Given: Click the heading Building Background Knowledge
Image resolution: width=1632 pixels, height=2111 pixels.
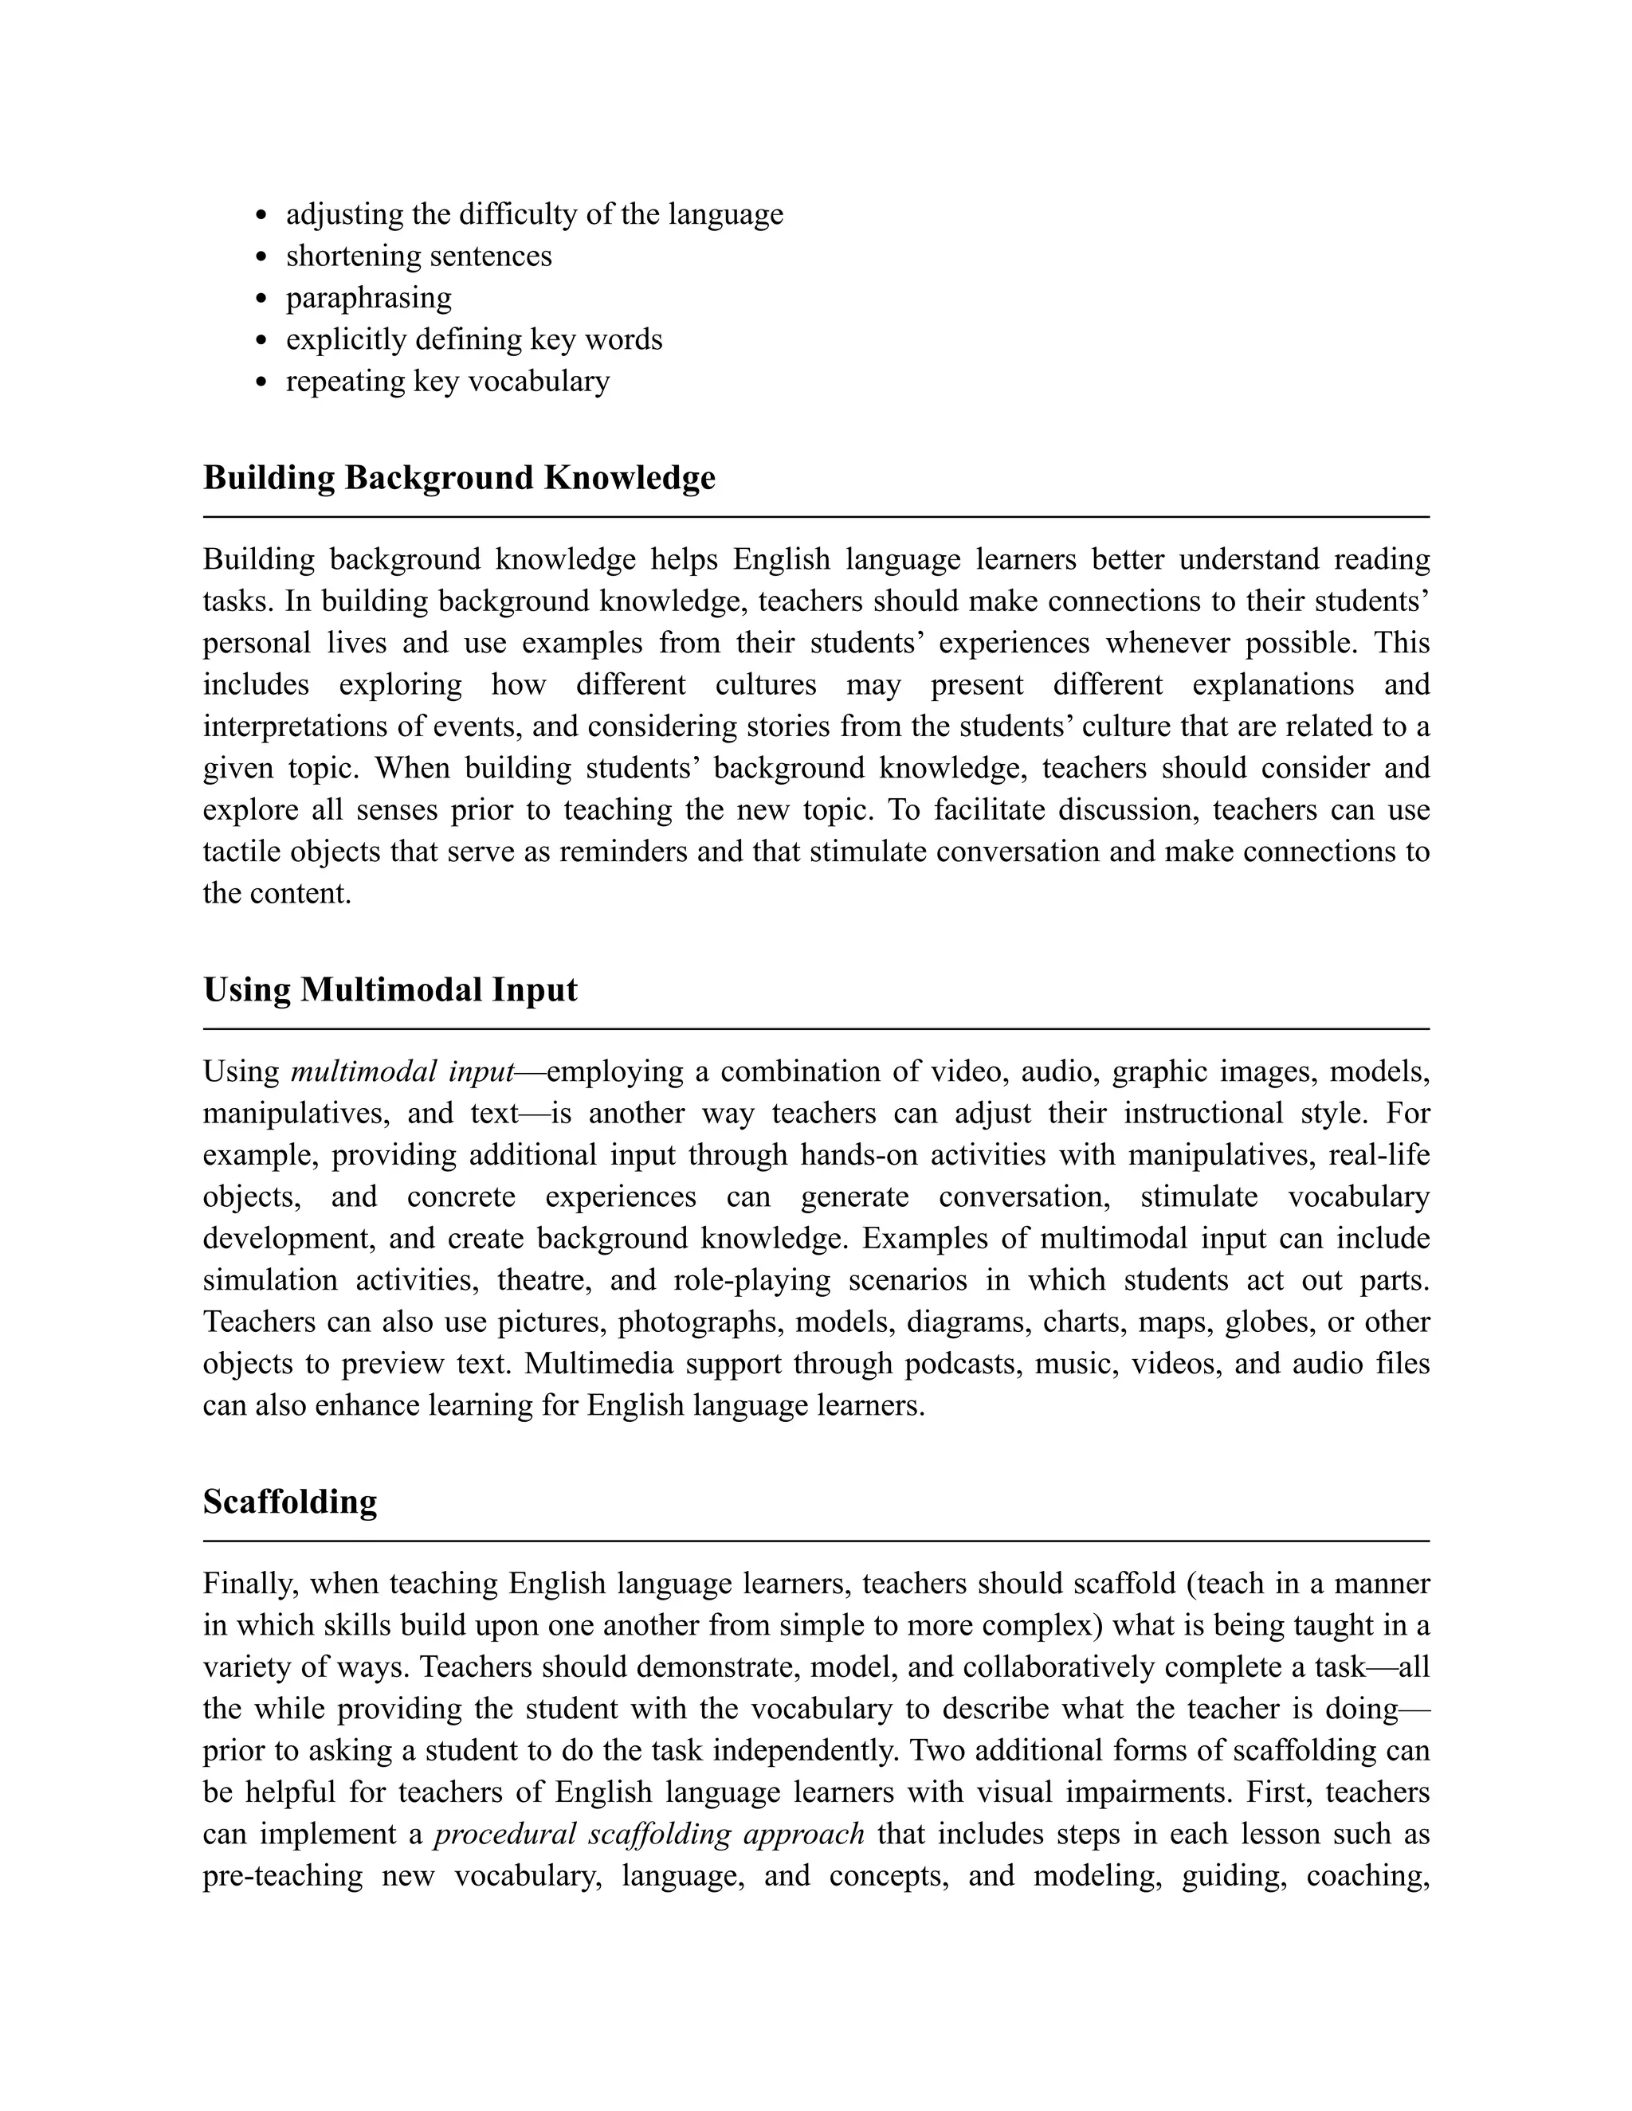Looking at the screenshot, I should pos(459,477).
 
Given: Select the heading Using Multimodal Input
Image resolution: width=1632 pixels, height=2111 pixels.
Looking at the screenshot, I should pos(390,989).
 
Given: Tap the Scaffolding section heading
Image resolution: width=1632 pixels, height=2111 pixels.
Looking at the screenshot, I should pos(290,1501).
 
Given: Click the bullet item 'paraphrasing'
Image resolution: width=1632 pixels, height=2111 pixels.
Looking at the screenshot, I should pos(368,298).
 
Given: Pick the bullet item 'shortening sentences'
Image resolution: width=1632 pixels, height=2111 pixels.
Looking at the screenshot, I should pos(418,257).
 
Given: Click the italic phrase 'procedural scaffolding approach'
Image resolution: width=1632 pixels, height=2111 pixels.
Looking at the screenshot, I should pos(649,1834).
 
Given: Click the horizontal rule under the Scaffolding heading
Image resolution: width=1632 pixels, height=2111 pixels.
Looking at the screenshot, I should pos(815,1541).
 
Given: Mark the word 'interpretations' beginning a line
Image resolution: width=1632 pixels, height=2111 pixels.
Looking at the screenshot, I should pos(300,727).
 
